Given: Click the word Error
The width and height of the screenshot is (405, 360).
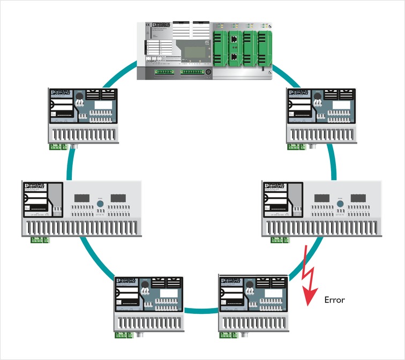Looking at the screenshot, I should (x=335, y=300).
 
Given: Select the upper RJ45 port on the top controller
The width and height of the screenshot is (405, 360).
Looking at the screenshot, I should (x=234, y=38).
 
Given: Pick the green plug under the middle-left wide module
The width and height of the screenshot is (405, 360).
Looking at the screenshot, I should (x=37, y=239).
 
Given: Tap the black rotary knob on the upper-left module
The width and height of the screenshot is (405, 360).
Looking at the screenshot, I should (x=80, y=97).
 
